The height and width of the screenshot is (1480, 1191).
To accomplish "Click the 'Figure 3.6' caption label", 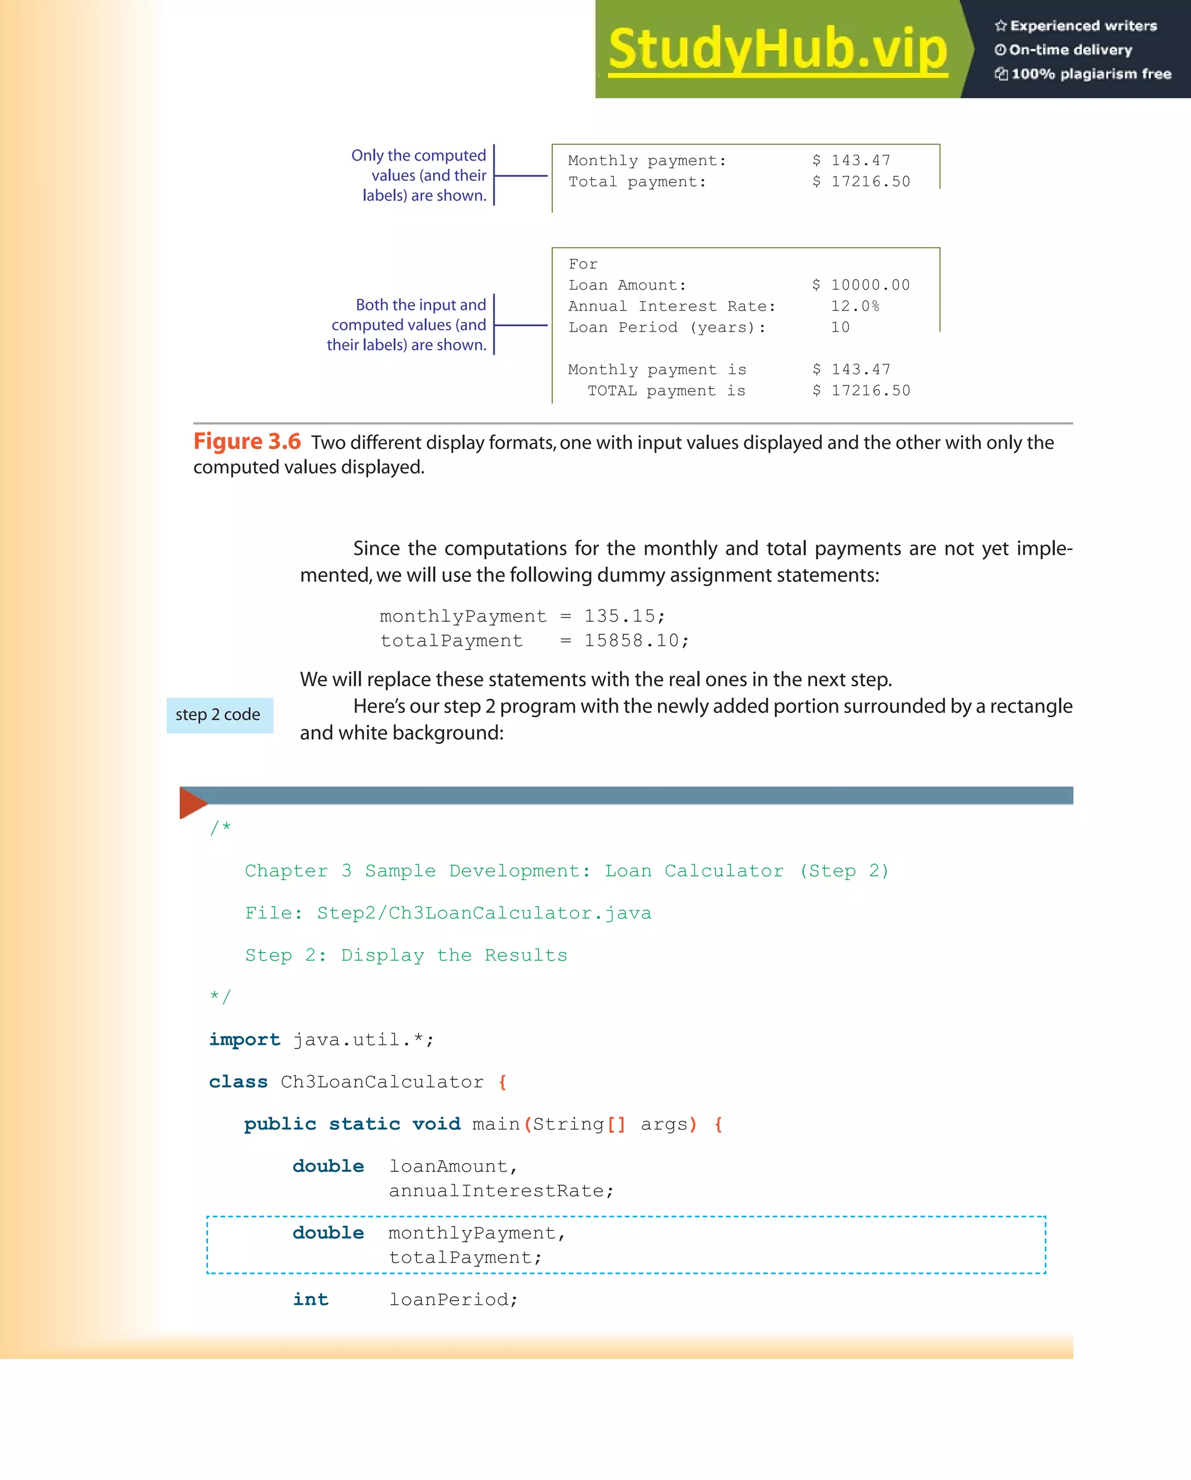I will pos(247,441).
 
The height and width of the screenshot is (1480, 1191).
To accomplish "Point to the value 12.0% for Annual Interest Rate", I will pos(855,306).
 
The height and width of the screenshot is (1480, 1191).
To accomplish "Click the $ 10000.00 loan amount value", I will pos(861,285).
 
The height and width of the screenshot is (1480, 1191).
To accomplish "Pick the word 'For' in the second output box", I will pos(583,264).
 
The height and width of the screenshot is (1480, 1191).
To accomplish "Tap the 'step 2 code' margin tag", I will pos(218,715).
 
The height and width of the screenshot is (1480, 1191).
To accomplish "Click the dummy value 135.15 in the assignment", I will pos(619,616).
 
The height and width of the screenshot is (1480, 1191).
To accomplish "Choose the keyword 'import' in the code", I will pos(244,1039).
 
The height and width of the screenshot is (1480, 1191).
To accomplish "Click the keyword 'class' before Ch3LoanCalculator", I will pos(238,1082).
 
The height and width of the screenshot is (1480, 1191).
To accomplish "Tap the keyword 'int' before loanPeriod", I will pos(311,1300).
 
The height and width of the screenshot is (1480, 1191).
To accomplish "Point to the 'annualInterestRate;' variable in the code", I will pos(501,1191).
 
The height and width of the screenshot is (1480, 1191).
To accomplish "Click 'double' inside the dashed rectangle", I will pos(328,1233).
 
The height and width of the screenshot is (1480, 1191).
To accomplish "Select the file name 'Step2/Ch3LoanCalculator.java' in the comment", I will pos(484,913).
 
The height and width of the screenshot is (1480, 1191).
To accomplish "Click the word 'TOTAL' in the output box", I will pos(612,391).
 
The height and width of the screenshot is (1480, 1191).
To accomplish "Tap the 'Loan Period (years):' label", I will pos(666,327).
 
